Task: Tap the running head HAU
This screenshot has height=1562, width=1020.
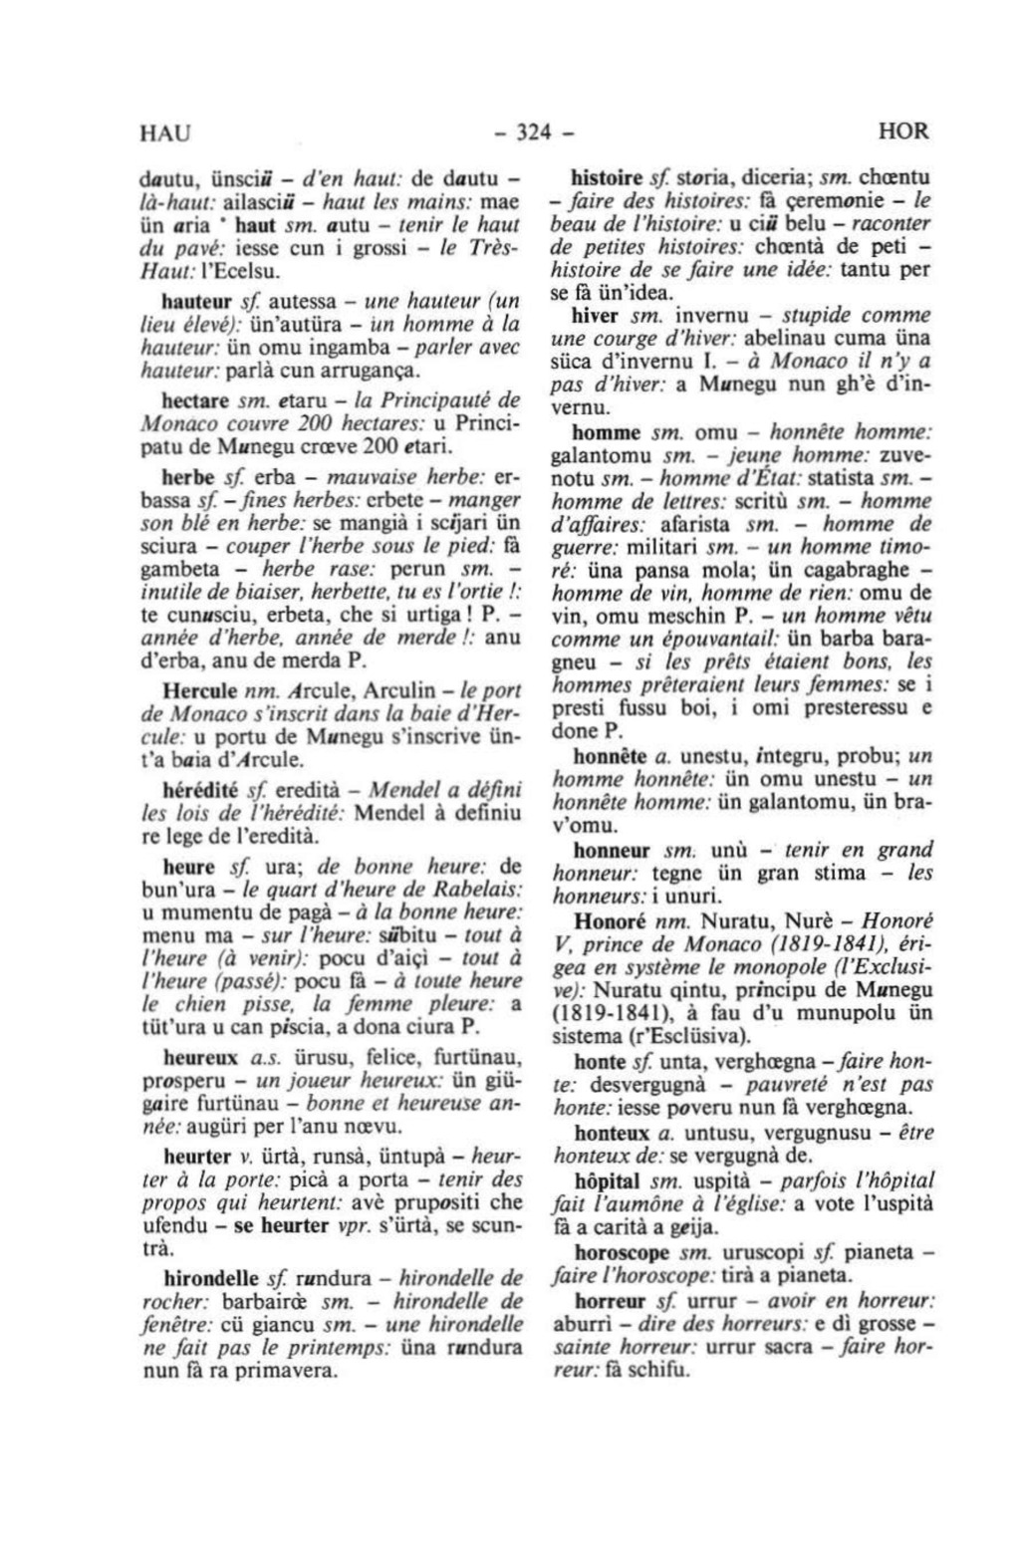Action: [165, 131]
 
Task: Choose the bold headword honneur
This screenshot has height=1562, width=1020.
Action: [612, 852]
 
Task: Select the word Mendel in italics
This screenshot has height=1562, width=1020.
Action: [394, 790]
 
